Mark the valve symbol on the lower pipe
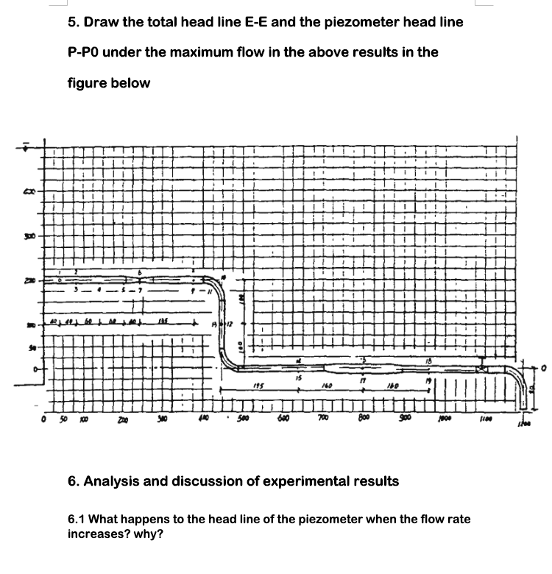click(x=482, y=366)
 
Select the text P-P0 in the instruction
click(x=88, y=52)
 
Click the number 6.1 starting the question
click(x=77, y=520)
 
